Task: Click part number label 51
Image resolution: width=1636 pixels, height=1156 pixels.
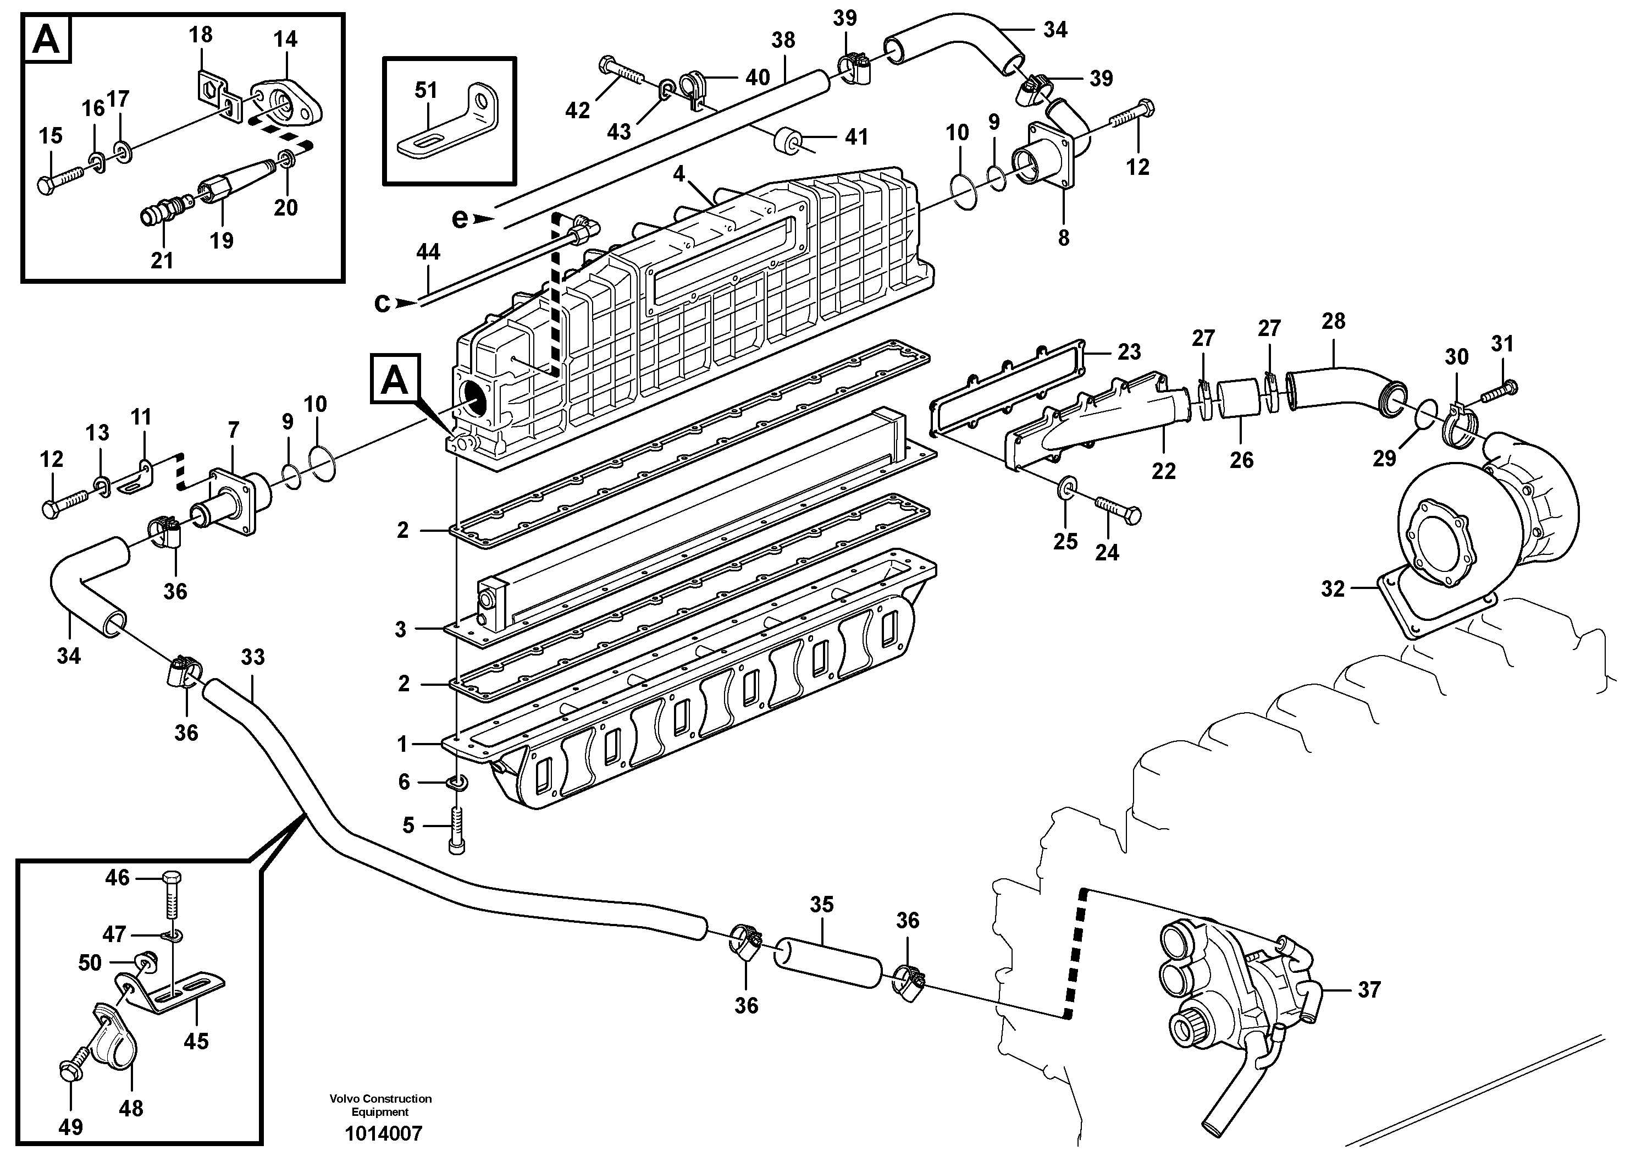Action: (426, 91)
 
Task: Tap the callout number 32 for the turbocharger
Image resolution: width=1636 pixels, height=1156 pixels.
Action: (1332, 588)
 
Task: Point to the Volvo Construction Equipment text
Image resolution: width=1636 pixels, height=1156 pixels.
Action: (380, 1105)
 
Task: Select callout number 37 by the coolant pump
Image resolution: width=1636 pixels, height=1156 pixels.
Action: (1369, 989)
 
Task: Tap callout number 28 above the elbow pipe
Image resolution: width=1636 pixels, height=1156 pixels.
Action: (1333, 321)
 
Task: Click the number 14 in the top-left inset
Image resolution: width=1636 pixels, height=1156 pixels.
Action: (285, 38)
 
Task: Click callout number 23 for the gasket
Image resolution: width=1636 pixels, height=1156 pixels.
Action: (1129, 351)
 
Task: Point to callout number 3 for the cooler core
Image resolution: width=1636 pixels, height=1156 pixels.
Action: (400, 629)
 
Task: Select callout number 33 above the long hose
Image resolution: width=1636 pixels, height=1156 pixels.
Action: (252, 657)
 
